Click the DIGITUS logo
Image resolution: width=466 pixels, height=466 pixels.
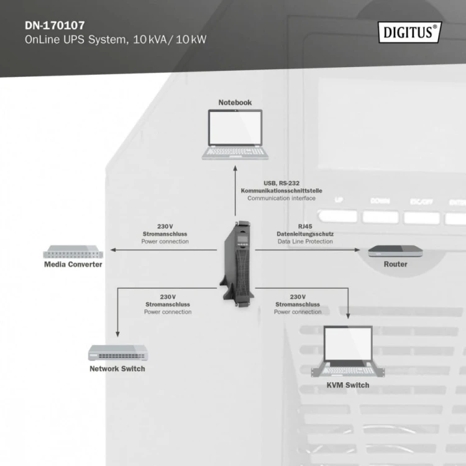[409, 32]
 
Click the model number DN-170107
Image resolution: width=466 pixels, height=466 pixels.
[55, 26]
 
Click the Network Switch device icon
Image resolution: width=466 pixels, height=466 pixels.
[117, 352]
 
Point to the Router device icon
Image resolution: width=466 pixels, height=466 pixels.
[396, 252]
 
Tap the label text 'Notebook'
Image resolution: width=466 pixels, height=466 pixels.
[235, 102]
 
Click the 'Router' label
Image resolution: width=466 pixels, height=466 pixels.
[396, 264]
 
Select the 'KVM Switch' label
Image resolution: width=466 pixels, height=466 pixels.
[348, 385]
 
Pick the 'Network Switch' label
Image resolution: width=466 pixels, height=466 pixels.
[117, 368]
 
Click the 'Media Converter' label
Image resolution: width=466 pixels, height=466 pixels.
[73, 264]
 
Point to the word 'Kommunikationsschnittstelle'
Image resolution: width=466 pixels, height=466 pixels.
[281, 191]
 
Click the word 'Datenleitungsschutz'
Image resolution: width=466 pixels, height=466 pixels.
[305, 234]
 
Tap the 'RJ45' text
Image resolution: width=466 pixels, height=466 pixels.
[305, 226]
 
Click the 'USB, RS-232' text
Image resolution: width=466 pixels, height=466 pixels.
[281, 183]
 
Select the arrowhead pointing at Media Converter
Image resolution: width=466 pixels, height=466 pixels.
[112, 250]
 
